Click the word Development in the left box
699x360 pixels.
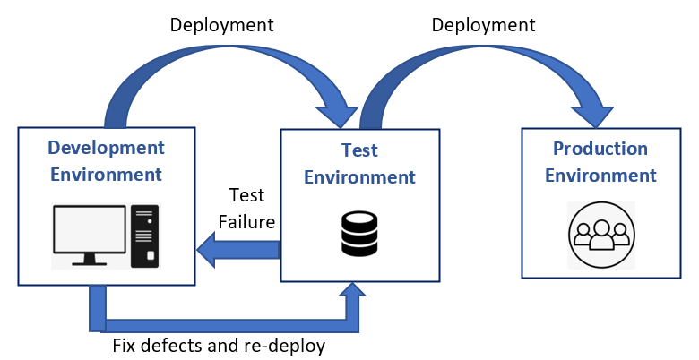click(x=106, y=148)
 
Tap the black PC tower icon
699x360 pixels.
click(x=144, y=236)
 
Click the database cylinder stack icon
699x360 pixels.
click(x=359, y=234)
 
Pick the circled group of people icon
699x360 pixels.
click(x=600, y=235)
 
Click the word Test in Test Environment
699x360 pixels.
click(x=359, y=151)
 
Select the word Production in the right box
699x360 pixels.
click(x=600, y=149)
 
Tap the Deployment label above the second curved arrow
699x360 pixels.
click(x=483, y=25)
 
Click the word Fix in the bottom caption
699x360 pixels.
click(x=125, y=345)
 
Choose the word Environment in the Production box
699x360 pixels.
click(x=600, y=175)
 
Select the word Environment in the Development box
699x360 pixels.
click(x=106, y=174)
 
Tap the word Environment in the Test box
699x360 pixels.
click(x=359, y=177)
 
